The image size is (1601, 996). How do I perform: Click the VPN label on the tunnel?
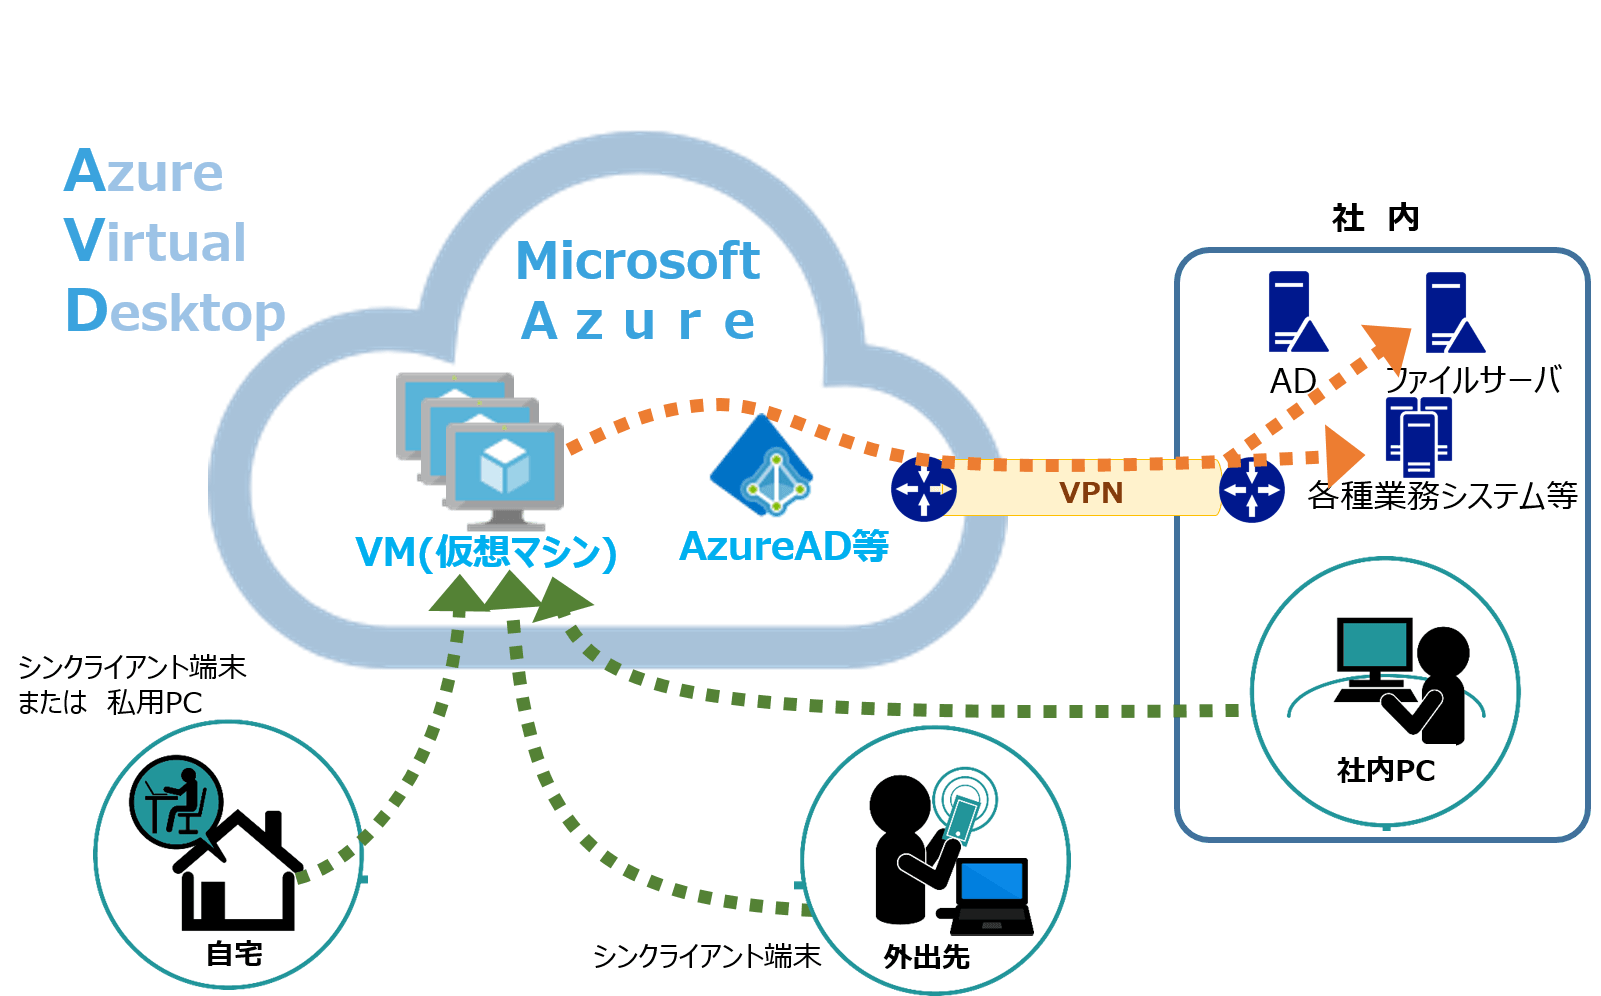pyautogui.click(x=1091, y=493)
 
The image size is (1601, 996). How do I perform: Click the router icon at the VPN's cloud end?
pyautogui.click(x=923, y=488)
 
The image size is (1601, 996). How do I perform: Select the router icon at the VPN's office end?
pyautogui.click(x=1251, y=490)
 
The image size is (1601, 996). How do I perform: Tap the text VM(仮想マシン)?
pyautogui.click(x=486, y=551)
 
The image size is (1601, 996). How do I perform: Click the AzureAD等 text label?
pyautogui.click(x=783, y=546)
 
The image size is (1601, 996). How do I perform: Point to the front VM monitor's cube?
pyautogui.click(x=504, y=466)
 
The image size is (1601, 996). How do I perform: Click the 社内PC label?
pyautogui.click(x=1386, y=770)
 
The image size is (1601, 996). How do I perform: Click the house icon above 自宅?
pyautogui.click(x=238, y=869)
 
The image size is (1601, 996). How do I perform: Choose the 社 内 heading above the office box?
pyautogui.click(x=1375, y=218)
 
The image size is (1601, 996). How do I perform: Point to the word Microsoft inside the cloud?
pyautogui.click(x=637, y=261)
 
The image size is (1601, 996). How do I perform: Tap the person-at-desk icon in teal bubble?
pyautogui.click(x=175, y=799)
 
